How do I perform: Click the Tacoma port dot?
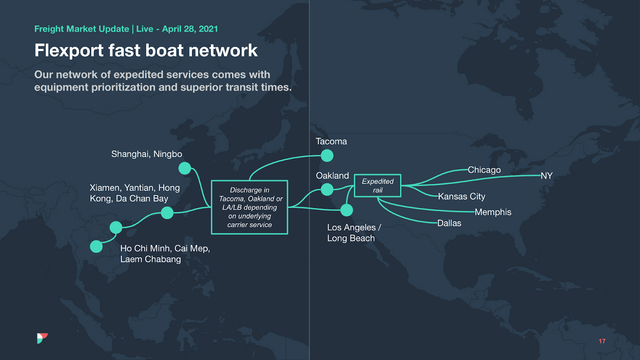pyautogui.click(x=327, y=156)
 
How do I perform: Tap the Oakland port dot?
pyautogui.click(x=327, y=189)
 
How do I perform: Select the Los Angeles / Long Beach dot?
pyautogui.click(x=346, y=210)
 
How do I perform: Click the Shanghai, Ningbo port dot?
pyautogui.click(x=184, y=168)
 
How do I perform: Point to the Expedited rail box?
pyautogui.click(x=378, y=186)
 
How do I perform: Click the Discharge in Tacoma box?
pyautogui.click(x=250, y=207)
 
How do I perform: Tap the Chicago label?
pyautogui.click(x=484, y=170)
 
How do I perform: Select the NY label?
pyautogui.click(x=546, y=176)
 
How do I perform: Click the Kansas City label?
pyautogui.click(x=461, y=196)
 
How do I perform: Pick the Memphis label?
pyautogui.click(x=493, y=212)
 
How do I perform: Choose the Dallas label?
pyautogui.click(x=449, y=223)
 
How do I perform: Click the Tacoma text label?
pyautogui.click(x=331, y=141)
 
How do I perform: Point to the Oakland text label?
pyautogui.click(x=332, y=176)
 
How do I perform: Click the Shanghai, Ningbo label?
pyautogui.click(x=146, y=154)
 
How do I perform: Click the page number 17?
pyautogui.click(x=602, y=341)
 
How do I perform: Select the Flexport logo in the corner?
pyautogui.click(x=42, y=338)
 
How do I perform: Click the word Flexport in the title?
pyautogui.click(x=69, y=51)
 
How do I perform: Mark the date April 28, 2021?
pyautogui.click(x=190, y=29)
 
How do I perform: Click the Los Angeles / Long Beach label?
pyautogui.click(x=354, y=233)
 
